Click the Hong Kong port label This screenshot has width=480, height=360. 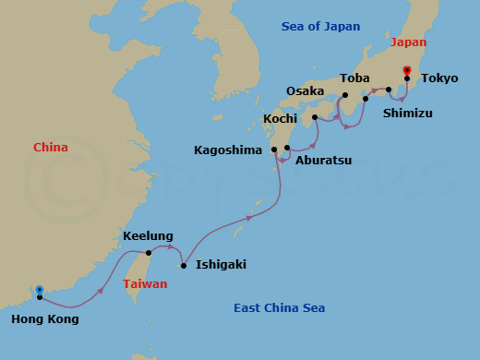pos(45,319)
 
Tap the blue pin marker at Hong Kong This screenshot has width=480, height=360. pos(39,293)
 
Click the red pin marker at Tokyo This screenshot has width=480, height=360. pos(407,72)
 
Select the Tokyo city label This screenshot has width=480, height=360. pos(439,78)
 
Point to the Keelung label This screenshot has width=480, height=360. pos(149,236)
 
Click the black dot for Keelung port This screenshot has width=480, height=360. pos(149,252)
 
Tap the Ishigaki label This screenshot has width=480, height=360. pos(221,265)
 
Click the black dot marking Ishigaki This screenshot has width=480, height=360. pos(184,266)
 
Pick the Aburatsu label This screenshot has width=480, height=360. pos(323,160)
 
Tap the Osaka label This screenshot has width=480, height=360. pos(306,91)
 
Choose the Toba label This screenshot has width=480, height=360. pos(354,78)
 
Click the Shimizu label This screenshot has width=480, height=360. pos(407,114)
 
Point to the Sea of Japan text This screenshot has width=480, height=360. pos(320,27)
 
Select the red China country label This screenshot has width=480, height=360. pos(51,148)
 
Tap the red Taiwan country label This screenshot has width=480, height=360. pos(145,285)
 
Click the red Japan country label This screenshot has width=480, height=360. pos(409,42)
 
